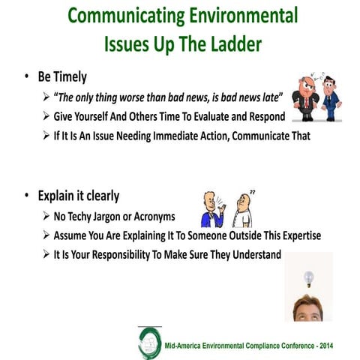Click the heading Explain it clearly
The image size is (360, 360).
[x=81, y=196]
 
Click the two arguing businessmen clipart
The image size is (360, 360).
[x=316, y=97]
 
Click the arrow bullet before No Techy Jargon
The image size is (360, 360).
[x=47, y=217]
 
